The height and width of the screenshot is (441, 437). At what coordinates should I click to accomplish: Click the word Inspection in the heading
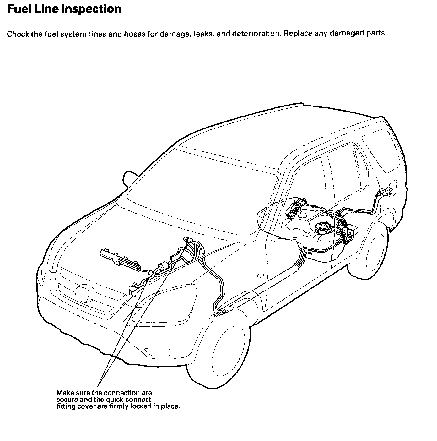click(x=91, y=9)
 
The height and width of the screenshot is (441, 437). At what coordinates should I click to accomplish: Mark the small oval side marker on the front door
click(x=260, y=276)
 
